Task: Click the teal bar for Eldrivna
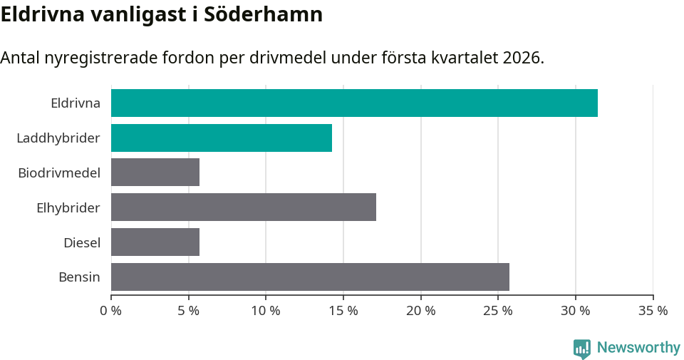[354, 103]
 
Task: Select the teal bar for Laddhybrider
[222, 138]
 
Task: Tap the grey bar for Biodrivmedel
[155, 173]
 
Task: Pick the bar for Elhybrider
[244, 207]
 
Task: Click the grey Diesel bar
[155, 242]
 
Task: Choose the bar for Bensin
[310, 277]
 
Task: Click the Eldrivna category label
[76, 103]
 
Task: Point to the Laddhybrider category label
[58, 138]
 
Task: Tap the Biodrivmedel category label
[59, 173]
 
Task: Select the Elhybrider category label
[68, 207]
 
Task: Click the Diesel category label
[82, 242]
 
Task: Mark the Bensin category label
[79, 277]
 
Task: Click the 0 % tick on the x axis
[111, 311]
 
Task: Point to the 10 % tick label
[266, 311]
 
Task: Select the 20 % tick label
[421, 311]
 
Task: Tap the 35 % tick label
[653, 311]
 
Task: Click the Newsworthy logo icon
[582, 348]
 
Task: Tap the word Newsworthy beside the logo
[638, 348]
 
